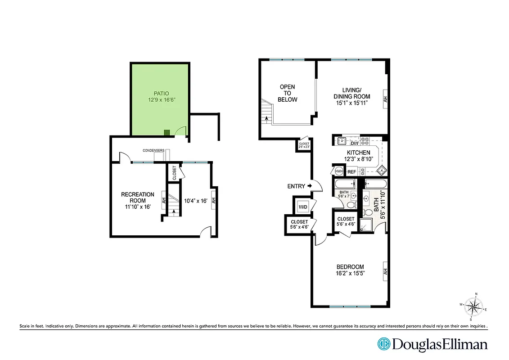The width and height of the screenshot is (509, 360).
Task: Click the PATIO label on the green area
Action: [160, 93]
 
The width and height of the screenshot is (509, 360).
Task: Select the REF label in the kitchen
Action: [352, 171]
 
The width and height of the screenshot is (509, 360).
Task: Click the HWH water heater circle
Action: [338, 171]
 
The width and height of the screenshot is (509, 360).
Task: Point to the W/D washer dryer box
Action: [303, 207]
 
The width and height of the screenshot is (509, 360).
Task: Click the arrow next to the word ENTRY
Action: [310, 186]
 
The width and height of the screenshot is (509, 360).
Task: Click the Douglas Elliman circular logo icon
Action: [384, 344]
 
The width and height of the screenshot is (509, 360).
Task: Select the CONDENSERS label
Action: [153, 150]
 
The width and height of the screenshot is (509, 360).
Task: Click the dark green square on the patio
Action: [167, 132]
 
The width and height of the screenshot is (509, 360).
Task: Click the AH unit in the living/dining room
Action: [385, 99]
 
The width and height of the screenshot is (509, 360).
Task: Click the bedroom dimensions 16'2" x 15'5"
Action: [350, 273]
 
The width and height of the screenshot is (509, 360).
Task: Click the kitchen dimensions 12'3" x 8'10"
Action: [358, 159]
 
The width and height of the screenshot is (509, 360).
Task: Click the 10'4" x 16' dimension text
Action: [196, 201]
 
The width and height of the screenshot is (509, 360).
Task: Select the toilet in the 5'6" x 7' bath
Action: [350, 205]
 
